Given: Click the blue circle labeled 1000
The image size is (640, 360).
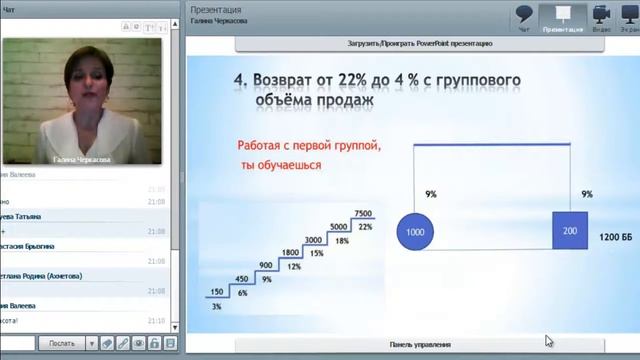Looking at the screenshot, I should click(x=414, y=233).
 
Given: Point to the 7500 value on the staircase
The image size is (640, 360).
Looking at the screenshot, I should click(x=363, y=214).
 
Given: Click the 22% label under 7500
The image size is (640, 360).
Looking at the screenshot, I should click(x=365, y=227).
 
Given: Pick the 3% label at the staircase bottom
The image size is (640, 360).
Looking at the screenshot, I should click(x=216, y=306).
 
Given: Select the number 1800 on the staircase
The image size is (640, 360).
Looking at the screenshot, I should click(x=290, y=253).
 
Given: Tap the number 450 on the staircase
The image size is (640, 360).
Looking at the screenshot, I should click(x=241, y=279).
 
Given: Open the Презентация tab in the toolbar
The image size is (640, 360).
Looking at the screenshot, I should click(x=562, y=18).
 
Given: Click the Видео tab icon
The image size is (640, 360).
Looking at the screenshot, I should click(x=601, y=18).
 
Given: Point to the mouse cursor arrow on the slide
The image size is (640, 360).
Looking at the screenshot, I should click(x=549, y=341).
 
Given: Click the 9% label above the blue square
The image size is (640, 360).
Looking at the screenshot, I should click(x=587, y=194).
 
